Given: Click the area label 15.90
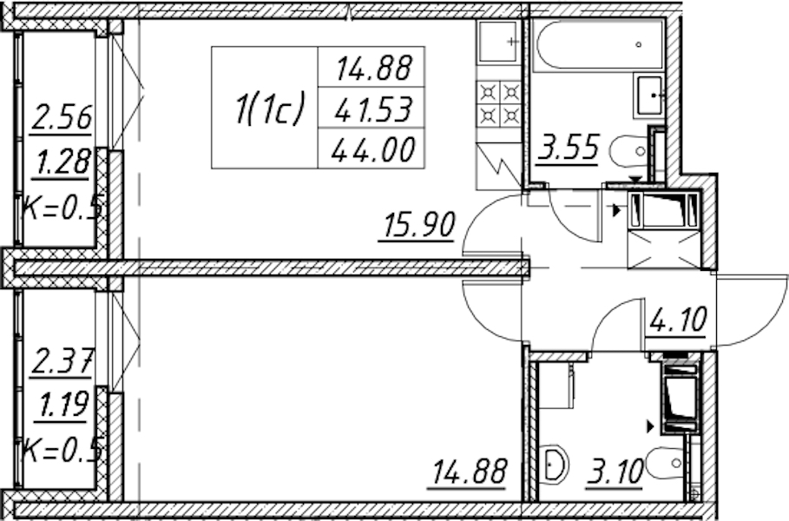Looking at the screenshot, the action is pos(418,225).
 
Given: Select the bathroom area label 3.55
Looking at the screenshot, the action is pos(569,148).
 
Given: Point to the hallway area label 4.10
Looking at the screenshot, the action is pos(678,319).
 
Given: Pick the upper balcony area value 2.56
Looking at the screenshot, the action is pos(62,117).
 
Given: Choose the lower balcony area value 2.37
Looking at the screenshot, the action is pos(62,362).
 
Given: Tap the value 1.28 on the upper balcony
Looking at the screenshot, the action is pos(62,162).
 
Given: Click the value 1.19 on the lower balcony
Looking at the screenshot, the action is pos(62,405).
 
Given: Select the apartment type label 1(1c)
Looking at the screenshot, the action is pos(270,109).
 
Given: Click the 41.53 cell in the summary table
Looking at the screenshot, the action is pos(373,109).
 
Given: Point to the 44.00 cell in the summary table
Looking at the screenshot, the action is pos(373,149).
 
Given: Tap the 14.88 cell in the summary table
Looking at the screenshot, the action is pos(373,68).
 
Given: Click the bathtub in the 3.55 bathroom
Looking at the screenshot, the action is pos(598,43).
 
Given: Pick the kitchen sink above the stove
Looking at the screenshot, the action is pos(498,42).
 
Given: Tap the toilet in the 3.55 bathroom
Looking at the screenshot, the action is pos(629,151).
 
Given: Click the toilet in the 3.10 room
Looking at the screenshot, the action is pos(665,463).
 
